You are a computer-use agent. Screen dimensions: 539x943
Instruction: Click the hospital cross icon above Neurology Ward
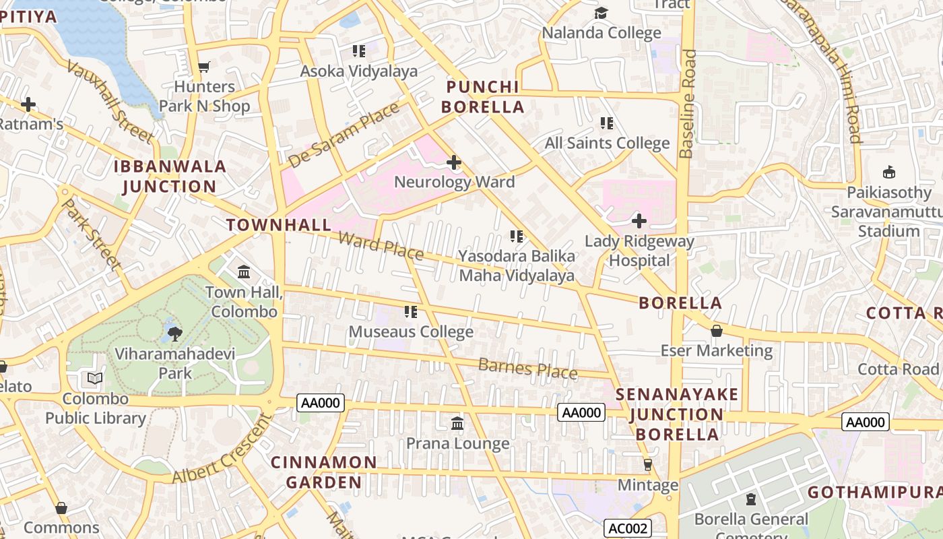pos(454,162)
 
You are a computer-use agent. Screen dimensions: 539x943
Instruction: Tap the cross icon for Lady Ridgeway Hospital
pos(639,221)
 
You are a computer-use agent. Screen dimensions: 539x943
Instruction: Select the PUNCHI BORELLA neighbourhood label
pos(484,97)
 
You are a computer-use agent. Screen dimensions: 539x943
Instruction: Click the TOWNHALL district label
pos(279,225)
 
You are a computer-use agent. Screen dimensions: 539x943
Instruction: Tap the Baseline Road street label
pos(687,104)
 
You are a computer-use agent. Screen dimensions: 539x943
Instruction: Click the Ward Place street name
pos(381,245)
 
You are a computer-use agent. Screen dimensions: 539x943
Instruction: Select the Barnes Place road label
pos(527,369)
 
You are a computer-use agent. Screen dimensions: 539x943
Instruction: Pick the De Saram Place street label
pos(344,135)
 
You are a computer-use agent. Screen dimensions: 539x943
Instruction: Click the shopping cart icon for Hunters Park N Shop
pos(203,67)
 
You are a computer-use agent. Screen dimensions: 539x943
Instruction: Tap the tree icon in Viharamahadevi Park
pos(174,333)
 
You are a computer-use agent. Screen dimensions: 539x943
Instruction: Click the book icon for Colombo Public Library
pos(95,379)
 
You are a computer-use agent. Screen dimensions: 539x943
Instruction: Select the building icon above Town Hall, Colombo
pos(244,272)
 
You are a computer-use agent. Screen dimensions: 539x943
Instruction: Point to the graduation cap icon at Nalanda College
pos(601,13)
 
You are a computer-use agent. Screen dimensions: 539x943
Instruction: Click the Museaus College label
pos(411,332)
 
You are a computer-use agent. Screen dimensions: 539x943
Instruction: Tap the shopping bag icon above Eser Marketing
pos(717,331)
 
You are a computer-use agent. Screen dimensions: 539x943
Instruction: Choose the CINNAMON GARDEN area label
pos(323,472)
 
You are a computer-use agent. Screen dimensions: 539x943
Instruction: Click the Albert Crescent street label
pos(222,448)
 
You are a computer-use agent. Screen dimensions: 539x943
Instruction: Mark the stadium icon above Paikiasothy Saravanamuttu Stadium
pos(889,172)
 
